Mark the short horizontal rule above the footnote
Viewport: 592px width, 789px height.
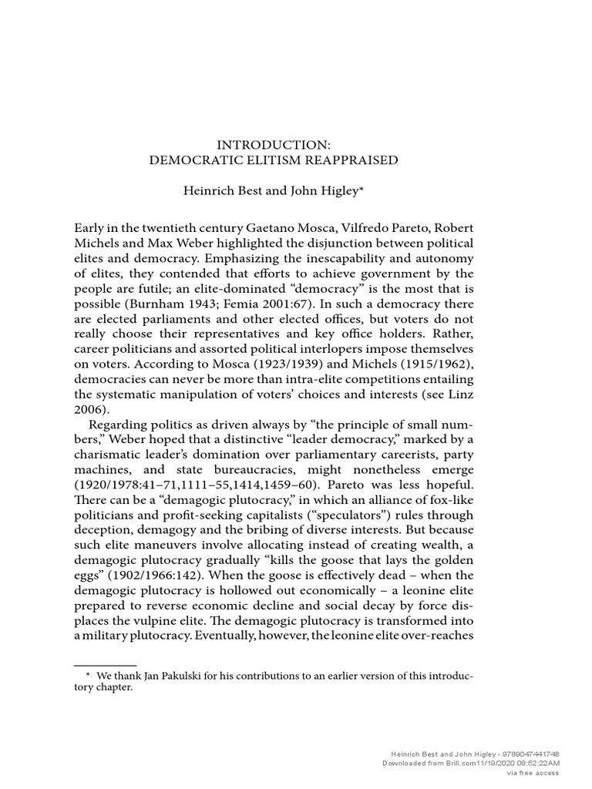(x=105, y=664)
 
